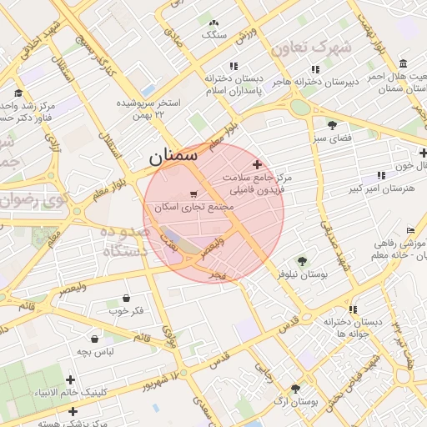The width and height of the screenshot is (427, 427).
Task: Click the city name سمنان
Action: click(174, 155)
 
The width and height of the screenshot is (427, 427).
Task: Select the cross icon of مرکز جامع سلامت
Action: click(257, 165)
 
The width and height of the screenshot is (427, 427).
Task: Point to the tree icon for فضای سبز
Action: click(333, 125)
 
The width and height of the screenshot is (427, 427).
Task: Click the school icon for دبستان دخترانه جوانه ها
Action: click(354, 309)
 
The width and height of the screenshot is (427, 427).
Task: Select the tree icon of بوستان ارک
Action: click(295, 389)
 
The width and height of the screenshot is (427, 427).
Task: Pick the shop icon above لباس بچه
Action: click(94, 339)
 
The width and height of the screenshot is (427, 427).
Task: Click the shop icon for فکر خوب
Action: click(126, 298)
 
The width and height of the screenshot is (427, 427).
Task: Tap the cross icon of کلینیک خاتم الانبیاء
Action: click(73, 411)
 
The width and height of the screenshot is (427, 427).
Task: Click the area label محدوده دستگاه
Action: click(126, 240)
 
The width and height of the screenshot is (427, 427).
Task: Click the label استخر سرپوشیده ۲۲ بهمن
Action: click(150, 108)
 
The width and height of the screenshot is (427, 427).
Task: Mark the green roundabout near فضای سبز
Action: click(299, 107)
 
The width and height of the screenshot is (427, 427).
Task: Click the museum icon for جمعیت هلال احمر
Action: click(404, 64)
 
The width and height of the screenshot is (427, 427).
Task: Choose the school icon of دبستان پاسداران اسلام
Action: click(234, 66)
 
